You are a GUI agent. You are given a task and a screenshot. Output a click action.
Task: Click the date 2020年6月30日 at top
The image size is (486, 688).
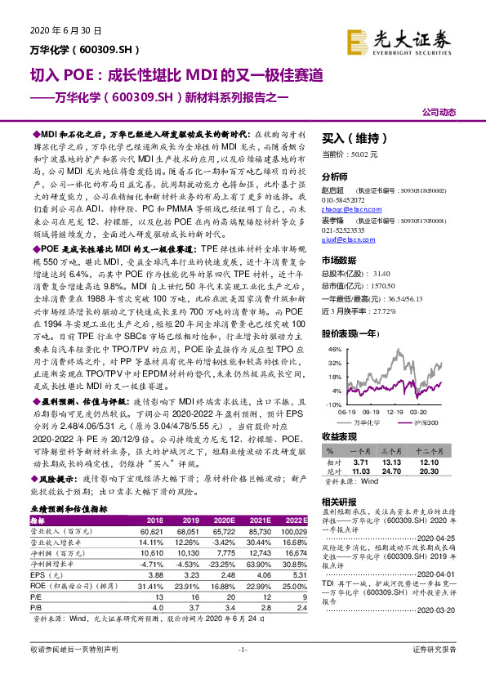coord(68,30)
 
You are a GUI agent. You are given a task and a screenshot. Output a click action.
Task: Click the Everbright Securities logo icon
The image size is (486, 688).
coord(356,40)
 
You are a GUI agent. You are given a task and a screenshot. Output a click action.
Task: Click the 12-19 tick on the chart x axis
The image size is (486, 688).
coord(397,413)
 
